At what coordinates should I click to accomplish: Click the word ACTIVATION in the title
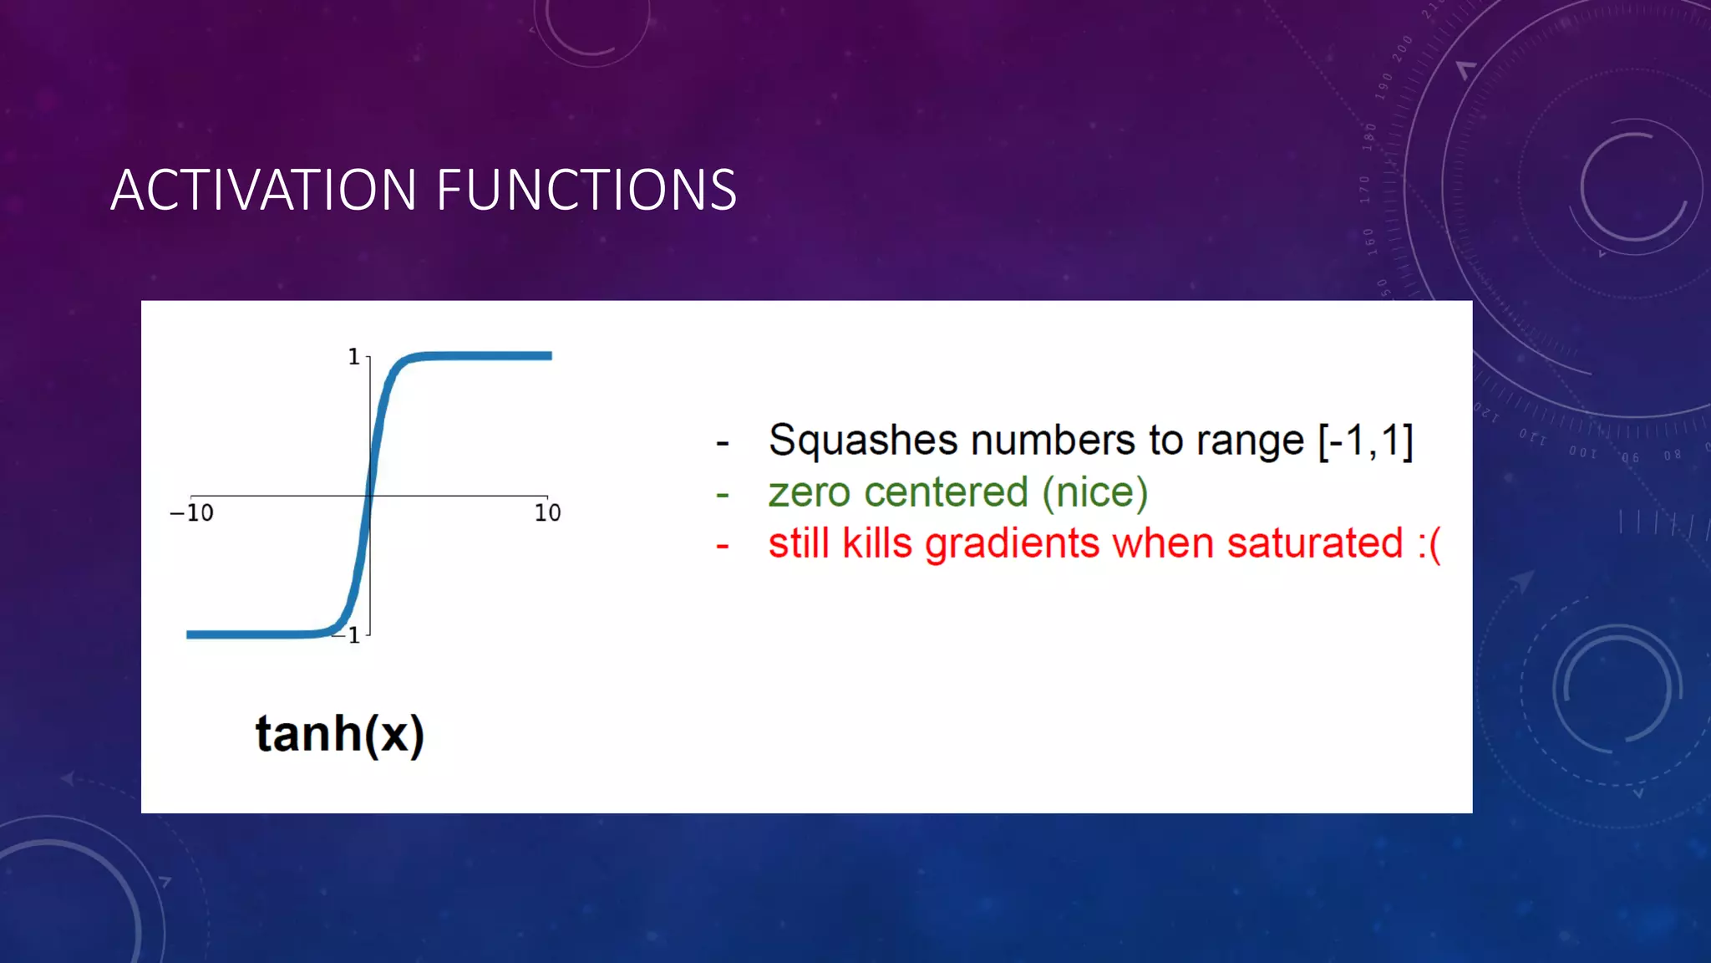click(263, 190)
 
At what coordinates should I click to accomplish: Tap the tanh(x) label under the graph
click(339, 734)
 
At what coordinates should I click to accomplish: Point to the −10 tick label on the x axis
click(192, 512)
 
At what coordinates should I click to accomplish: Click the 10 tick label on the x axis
click(547, 512)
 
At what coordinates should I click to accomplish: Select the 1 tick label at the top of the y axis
click(353, 357)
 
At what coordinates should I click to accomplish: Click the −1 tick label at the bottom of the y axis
click(349, 635)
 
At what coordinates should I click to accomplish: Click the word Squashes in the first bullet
click(862, 441)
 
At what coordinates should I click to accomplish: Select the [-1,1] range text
click(1365, 441)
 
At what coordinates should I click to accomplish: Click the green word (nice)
click(1094, 492)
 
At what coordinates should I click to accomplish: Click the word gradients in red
click(1013, 545)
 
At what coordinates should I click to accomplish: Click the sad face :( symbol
click(1429, 545)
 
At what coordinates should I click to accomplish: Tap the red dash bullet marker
click(723, 547)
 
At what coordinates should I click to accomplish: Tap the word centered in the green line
click(946, 492)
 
